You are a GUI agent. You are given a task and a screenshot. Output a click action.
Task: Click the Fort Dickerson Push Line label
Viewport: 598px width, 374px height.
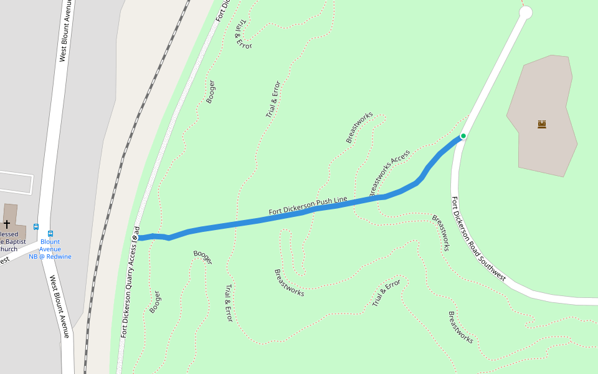(308, 206)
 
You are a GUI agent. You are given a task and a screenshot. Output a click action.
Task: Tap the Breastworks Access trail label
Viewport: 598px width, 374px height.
(390, 173)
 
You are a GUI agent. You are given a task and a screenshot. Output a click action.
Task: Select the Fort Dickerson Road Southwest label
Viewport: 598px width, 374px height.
(478, 239)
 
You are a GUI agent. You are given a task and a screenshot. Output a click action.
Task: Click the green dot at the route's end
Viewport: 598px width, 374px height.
(463, 136)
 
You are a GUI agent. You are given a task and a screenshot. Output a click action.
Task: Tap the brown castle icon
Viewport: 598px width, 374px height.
(542, 124)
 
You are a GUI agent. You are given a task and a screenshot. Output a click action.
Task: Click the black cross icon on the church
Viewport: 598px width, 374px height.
(7, 224)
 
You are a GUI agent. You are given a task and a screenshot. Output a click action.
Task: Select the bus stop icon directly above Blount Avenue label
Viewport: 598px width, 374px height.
(50, 234)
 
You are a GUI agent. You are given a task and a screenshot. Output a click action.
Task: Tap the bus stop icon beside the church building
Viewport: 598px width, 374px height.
(36, 227)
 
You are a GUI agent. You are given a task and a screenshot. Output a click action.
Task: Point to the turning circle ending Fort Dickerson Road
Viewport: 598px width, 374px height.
(526, 12)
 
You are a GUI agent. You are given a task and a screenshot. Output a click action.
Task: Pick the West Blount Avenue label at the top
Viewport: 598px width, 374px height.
(65, 31)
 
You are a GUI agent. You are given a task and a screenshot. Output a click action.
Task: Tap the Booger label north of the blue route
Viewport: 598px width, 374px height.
(211, 92)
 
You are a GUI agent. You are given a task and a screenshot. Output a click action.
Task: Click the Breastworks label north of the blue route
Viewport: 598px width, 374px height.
(359, 127)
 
